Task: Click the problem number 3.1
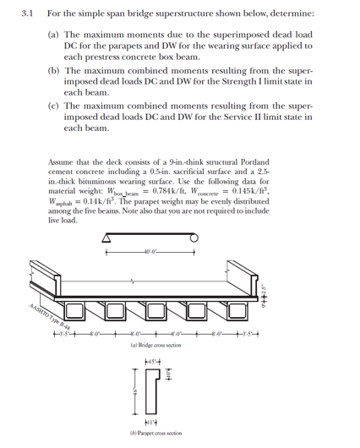(x=15, y=14)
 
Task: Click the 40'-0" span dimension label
(x=152, y=249)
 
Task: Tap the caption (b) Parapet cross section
(x=152, y=433)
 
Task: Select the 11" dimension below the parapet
(x=152, y=420)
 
